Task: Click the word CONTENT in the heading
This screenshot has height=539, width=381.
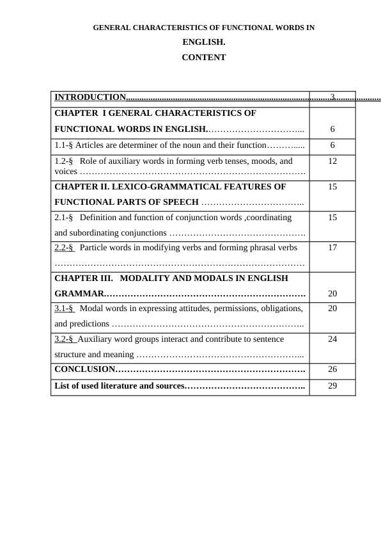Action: tap(203, 58)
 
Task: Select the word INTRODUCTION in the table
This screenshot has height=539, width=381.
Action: tap(90, 97)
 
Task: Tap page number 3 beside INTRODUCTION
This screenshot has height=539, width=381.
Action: tap(332, 97)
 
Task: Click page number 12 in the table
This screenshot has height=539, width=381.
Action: tap(332, 161)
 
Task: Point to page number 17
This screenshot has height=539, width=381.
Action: tap(332, 247)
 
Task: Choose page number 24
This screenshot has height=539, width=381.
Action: tap(332, 339)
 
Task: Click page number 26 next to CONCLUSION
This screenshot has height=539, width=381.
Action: tap(332, 369)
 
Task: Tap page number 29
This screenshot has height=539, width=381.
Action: tap(332, 386)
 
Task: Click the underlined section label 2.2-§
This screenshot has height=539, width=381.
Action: tap(64, 247)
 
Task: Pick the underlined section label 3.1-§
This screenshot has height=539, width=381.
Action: tap(64, 309)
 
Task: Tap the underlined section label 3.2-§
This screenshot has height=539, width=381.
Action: tap(64, 339)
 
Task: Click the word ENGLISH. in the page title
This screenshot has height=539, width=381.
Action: tap(203, 43)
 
